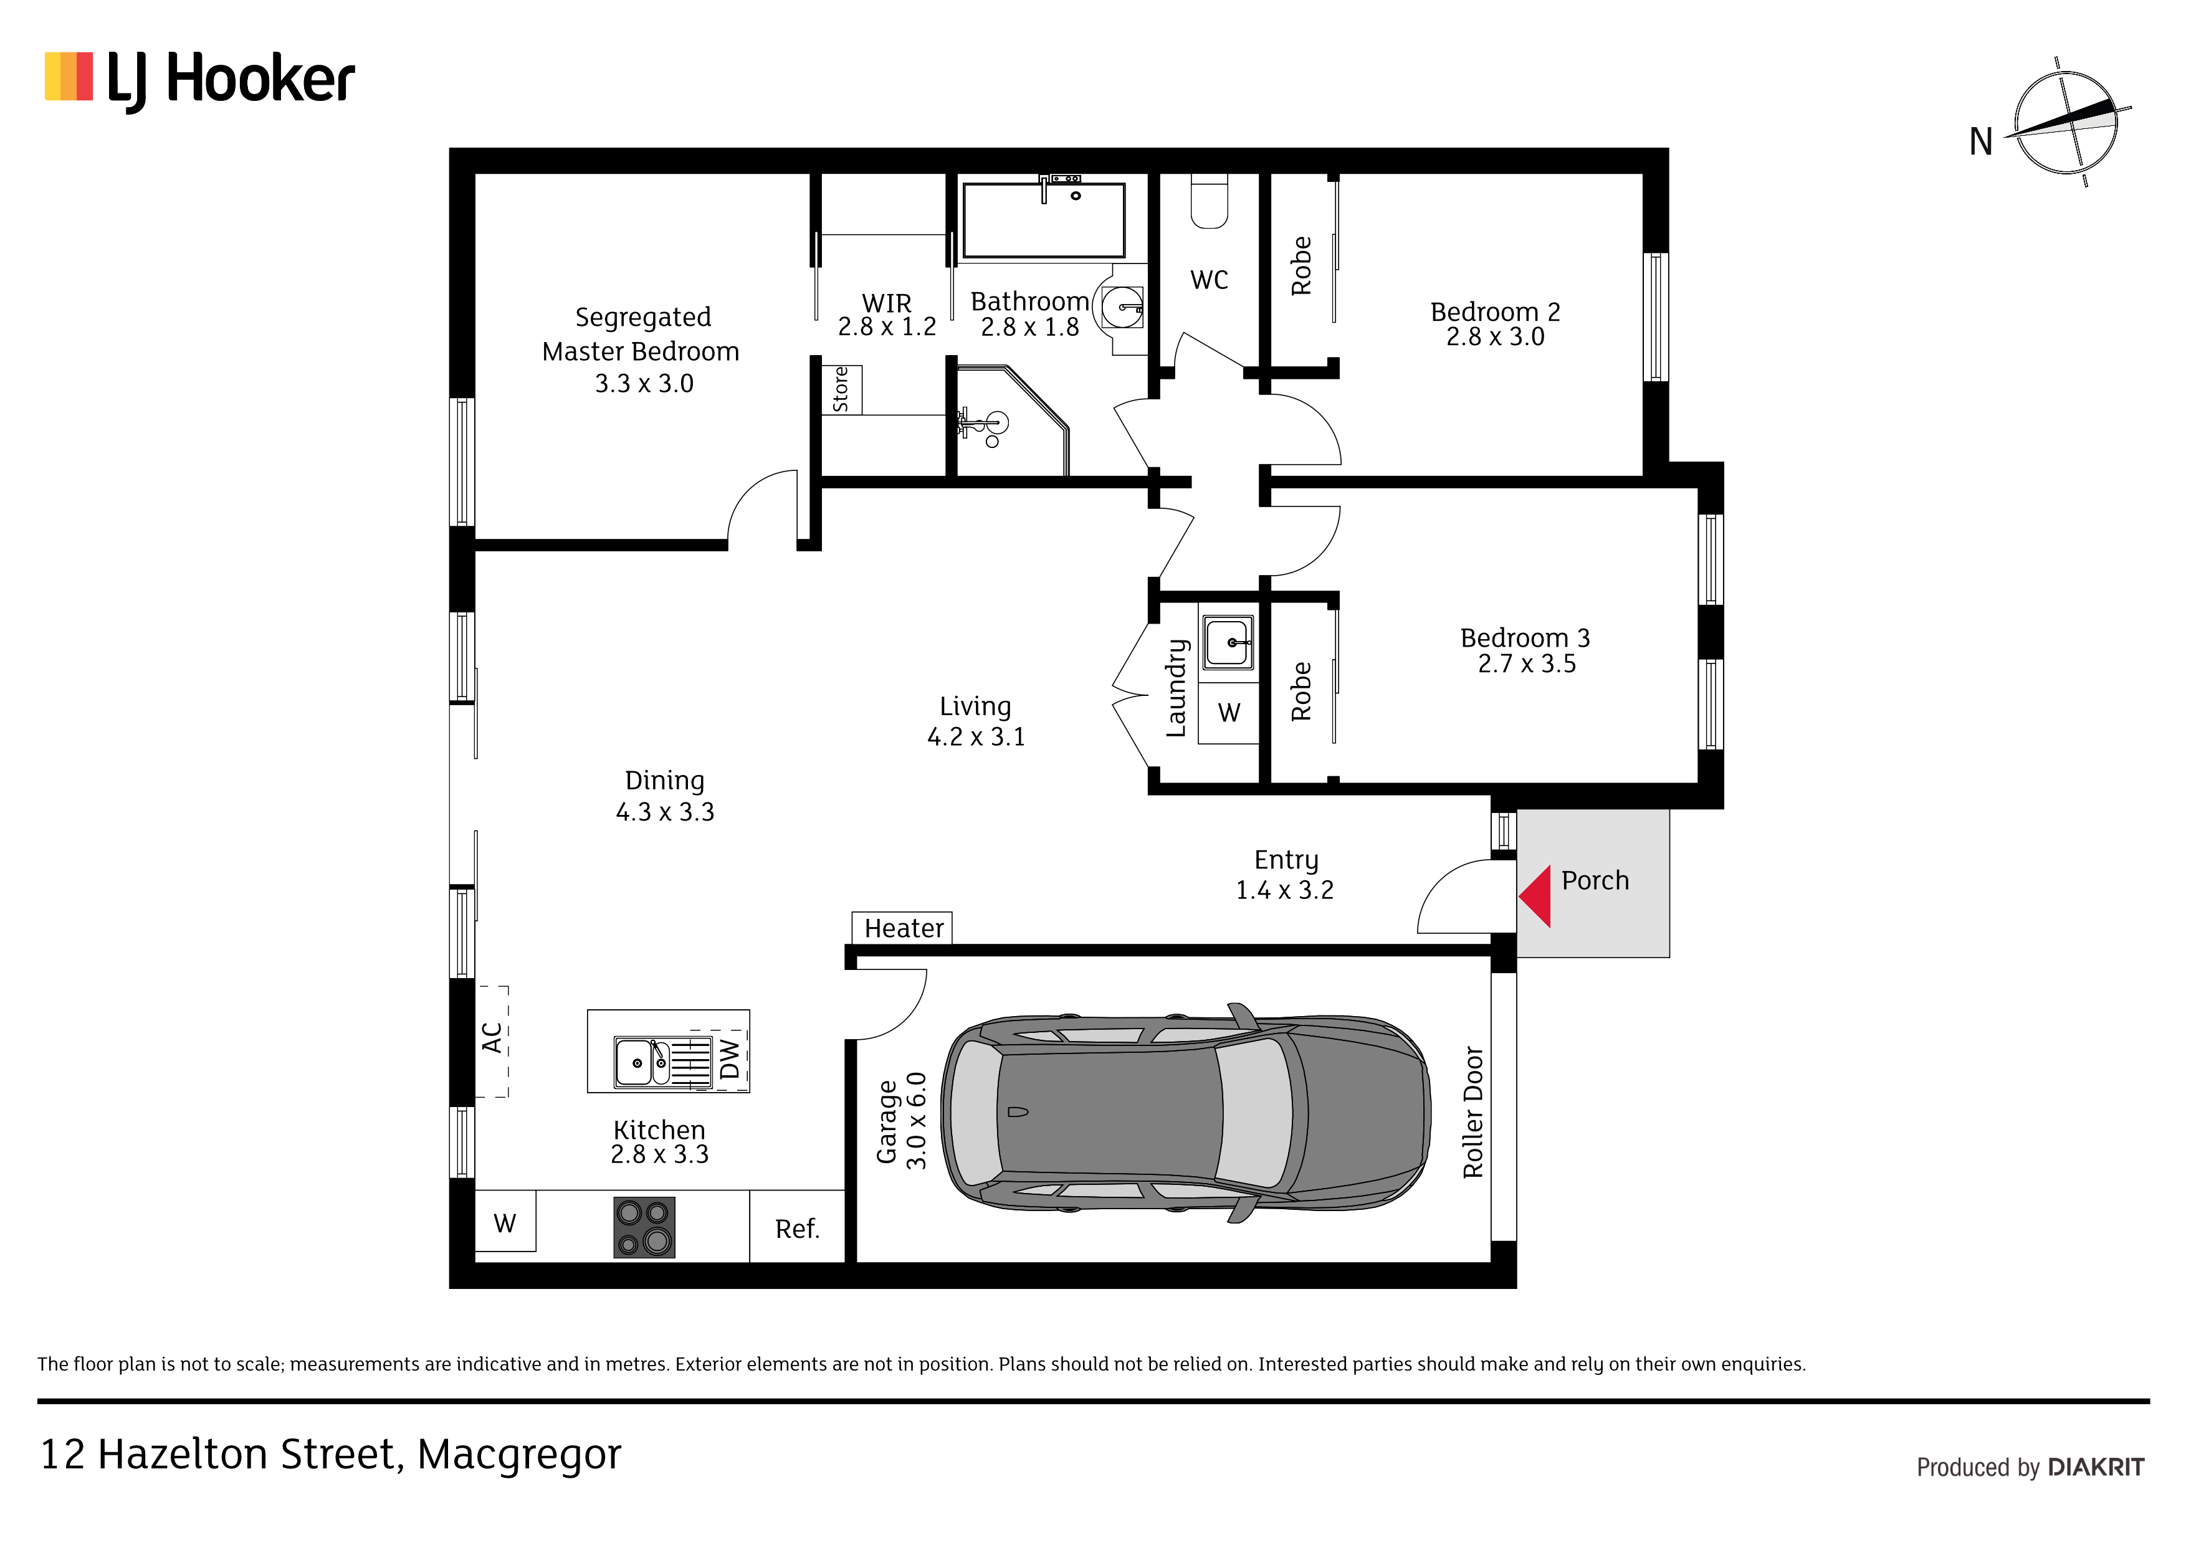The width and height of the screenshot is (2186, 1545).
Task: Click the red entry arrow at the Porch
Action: click(x=1535, y=896)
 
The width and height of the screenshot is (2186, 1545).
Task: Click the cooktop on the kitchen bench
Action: click(x=644, y=1227)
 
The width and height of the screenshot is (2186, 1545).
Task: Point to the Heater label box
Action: click(x=902, y=927)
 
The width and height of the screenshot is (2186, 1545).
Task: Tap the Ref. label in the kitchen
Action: click(x=797, y=1229)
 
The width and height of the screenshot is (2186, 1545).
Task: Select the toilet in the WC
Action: click(x=1209, y=201)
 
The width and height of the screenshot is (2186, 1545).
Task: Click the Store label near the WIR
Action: click(x=841, y=389)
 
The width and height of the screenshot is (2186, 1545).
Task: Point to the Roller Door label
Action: click(x=1473, y=1112)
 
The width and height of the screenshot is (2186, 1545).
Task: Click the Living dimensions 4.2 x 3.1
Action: click(x=976, y=737)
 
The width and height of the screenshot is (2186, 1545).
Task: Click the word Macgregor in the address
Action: click(x=519, y=1455)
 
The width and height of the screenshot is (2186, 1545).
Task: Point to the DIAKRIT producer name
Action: click(x=2096, y=1467)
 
